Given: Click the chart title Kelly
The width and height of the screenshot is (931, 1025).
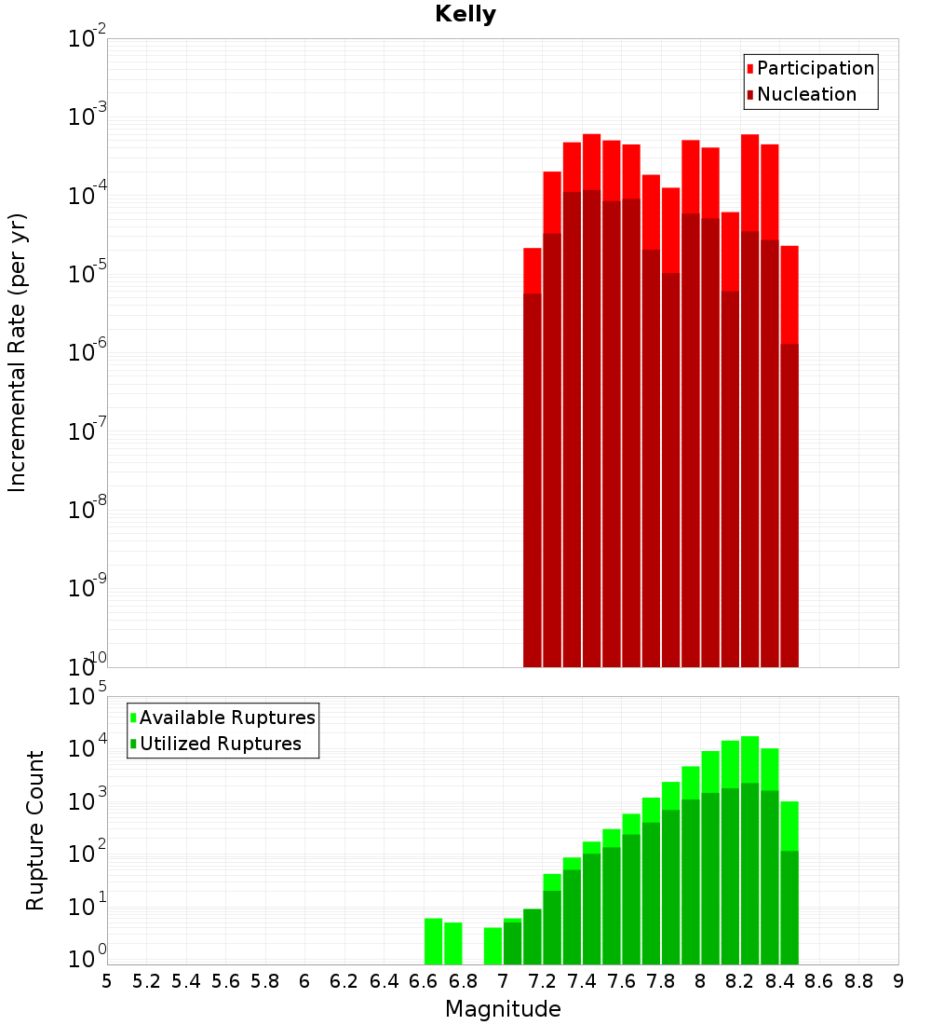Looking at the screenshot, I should (x=465, y=15).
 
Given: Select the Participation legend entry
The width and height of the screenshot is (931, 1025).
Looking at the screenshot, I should (x=815, y=68).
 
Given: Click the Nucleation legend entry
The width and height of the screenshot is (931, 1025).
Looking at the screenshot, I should (x=806, y=94).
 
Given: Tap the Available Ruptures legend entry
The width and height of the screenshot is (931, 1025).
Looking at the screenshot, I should (x=227, y=717).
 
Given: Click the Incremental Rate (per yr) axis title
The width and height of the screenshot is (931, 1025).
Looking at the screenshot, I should (x=18, y=353).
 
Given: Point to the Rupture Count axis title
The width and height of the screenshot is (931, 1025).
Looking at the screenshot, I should (x=35, y=830).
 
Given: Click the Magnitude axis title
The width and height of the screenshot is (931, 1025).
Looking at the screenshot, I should (x=503, y=1009).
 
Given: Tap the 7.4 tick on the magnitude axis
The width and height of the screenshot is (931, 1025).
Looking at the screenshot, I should (x=583, y=981).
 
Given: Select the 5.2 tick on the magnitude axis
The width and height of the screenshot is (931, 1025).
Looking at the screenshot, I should (x=146, y=981).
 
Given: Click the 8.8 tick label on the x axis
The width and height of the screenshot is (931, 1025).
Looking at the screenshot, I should (x=858, y=981).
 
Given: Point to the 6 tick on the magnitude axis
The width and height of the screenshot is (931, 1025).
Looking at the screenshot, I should (x=304, y=981).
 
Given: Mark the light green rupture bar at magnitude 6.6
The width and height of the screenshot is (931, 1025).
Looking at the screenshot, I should (x=433, y=941).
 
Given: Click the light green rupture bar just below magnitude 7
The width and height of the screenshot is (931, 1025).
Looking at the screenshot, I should (x=492, y=946).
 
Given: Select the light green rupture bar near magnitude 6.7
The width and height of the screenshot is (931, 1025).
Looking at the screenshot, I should (x=453, y=943).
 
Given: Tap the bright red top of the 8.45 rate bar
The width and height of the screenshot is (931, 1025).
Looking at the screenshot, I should (x=789, y=294).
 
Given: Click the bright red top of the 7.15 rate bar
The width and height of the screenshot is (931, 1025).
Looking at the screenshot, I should (x=532, y=270).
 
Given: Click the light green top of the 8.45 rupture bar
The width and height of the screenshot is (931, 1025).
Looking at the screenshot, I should (x=789, y=825).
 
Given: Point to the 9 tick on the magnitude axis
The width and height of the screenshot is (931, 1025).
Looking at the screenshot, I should (x=897, y=981).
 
